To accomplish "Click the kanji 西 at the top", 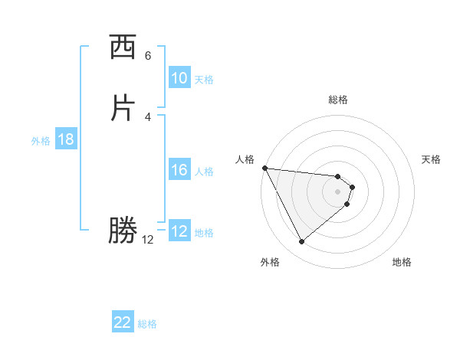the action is pos(123,48).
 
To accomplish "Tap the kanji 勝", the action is pos(123,230).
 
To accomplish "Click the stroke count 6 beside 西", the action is pos(148,56).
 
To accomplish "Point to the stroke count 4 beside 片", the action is pos(148,117).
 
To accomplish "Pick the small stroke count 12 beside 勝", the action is pos(148,240).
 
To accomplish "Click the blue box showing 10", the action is pos(179,78).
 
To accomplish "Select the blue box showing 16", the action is pos(179,170).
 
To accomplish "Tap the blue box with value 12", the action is pos(179,231).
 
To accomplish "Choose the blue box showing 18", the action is pos(66,139).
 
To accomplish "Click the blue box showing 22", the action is pos(123,322).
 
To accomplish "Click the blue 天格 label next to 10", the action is pos(204,79).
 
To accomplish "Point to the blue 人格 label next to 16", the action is pos(204,171).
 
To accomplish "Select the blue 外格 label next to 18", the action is pos(41,140).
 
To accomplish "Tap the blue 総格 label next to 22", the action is pos(147,324).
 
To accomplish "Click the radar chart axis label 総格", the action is pos(338,100).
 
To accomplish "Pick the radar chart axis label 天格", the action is pos(432,159).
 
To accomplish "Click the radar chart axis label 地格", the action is pos(402,262).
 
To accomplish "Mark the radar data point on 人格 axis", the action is pos(264,168).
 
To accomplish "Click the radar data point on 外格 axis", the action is pos(301,242).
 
